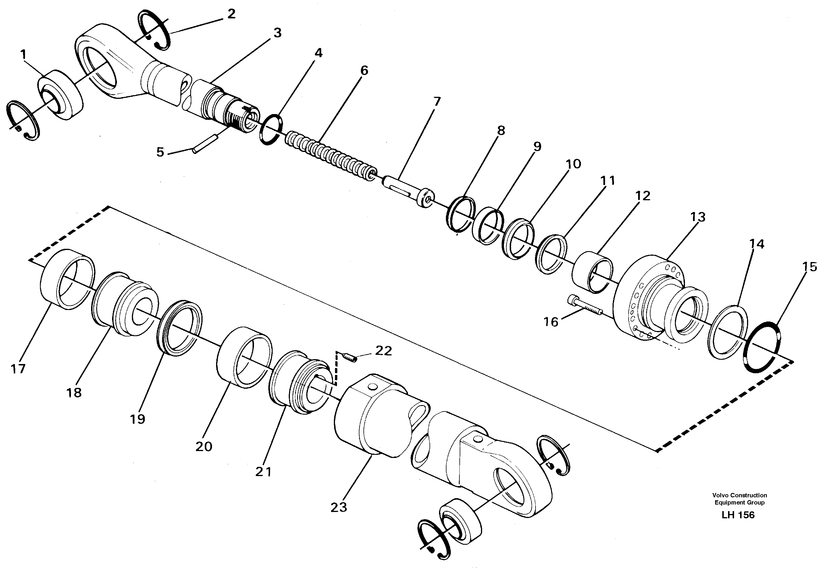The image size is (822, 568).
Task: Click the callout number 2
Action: click(231, 14)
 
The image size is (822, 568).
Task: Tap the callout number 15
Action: click(810, 267)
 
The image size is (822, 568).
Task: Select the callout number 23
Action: click(338, 507)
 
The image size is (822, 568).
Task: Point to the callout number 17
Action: click(18, 369)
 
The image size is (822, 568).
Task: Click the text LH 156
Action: click(738, 515)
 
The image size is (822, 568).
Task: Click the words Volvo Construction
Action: click(740, 495)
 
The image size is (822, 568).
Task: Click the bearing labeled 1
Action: click(61, 95)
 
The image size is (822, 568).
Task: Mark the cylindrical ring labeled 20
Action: click(244, 358)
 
